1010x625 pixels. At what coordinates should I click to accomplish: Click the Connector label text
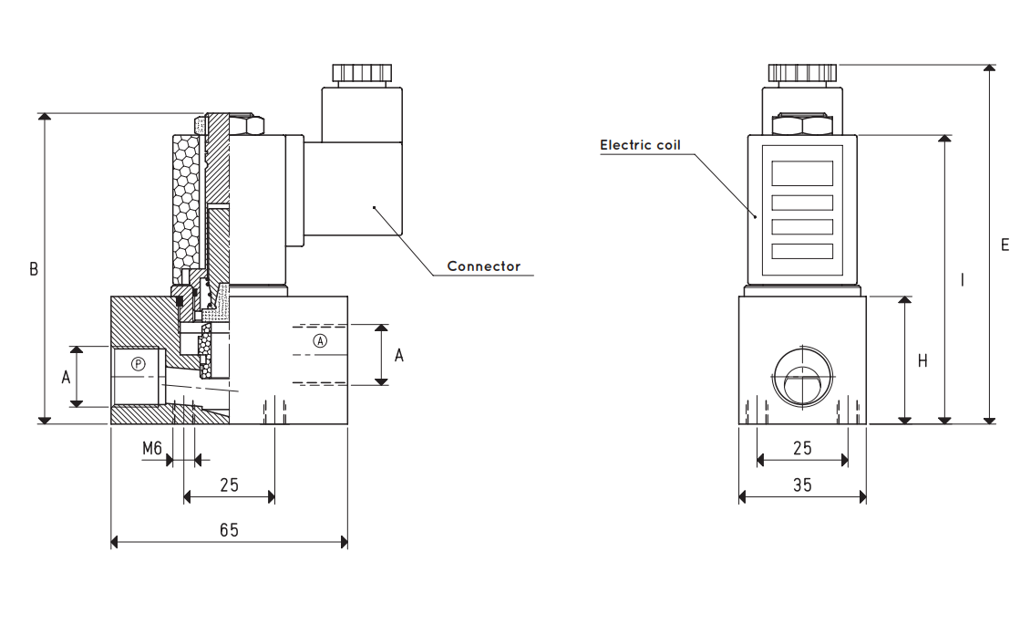point(484,266)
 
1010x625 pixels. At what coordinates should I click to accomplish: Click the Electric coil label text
point(640,145)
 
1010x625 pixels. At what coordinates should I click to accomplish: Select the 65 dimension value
point(230,530)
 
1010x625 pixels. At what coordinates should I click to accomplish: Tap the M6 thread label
point(152,448)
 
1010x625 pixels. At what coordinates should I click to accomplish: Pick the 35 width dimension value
point(802,485)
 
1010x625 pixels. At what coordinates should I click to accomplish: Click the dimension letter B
point(34,269)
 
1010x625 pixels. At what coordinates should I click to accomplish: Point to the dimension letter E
point(1005,245)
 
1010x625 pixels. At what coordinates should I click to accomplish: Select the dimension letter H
point(922,361)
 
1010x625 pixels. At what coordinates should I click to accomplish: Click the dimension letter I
point(963,280)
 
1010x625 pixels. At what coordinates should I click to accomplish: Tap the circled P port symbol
point(138,364)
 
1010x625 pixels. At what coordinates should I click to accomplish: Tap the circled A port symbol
point(320,340)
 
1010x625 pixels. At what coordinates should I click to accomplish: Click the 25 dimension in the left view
point(230,485)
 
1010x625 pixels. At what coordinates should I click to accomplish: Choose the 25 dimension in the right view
point(802,448)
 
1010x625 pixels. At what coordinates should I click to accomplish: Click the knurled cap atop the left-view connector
point(362,73)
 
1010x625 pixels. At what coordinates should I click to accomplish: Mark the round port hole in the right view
point(802,378)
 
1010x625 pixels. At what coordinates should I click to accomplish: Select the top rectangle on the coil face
point(802,173)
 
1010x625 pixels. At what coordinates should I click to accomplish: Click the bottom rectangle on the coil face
point(802,251)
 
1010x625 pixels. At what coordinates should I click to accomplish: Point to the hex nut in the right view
point(802,124)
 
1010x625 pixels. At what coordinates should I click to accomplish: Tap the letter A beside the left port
point(66,378)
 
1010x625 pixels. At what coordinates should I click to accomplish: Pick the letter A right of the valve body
point(398,356)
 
